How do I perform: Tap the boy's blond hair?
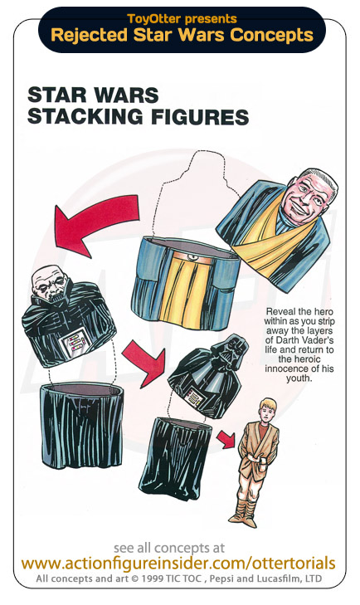pyautogui.click(x=267, y=405)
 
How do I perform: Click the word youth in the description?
pyautogui.click(x=299, y=378)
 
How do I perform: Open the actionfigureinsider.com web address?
pyautogui.click(x=178, y=564)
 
